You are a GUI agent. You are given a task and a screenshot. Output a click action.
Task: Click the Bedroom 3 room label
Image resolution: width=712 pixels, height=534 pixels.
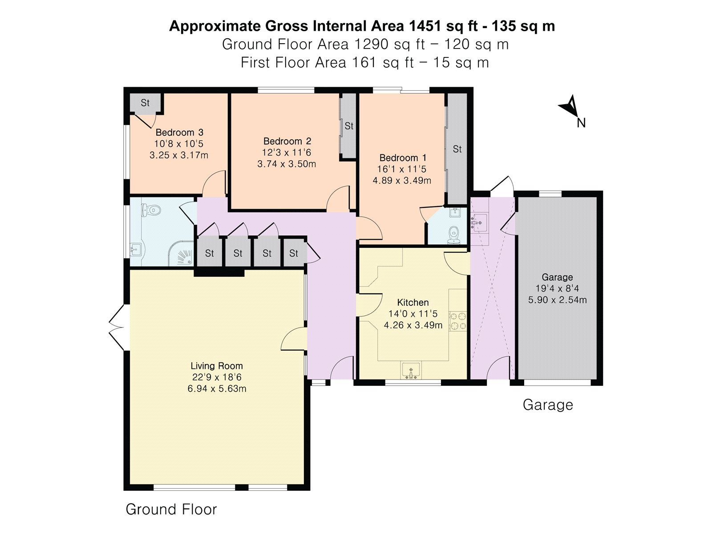coord(179,132)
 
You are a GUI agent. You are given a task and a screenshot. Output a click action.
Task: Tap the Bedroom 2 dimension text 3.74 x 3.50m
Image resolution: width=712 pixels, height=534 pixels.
coord(287,164)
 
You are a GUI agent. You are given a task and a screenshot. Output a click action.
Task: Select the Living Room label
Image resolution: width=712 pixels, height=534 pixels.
coord(217,366)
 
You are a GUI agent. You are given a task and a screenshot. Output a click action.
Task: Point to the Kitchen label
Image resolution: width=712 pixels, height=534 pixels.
coord(413,303)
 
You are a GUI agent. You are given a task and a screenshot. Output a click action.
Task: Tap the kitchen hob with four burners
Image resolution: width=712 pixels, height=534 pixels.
coord(458,321)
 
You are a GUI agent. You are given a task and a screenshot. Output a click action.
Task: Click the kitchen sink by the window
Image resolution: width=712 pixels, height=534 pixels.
coord(411,370)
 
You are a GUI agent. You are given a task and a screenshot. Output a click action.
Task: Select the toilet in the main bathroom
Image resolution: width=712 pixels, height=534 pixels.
coord(151,210)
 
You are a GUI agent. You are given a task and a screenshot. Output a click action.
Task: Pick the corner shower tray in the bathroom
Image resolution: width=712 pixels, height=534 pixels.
coord(181,253)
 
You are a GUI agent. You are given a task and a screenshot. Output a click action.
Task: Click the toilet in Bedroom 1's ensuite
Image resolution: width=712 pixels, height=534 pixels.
coord(454,235)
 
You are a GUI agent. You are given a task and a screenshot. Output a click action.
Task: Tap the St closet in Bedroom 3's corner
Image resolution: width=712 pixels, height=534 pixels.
coord(146,103)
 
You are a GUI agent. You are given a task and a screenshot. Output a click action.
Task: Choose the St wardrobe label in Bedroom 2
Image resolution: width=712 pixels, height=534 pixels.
coord(349,126)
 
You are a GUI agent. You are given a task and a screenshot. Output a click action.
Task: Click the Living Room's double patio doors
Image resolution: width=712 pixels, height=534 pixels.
coord(117,328)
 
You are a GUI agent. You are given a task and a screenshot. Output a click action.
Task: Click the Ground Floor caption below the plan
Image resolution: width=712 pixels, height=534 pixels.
coord(171,509)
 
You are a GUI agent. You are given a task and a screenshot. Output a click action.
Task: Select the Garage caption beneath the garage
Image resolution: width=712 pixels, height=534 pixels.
coord(548,405)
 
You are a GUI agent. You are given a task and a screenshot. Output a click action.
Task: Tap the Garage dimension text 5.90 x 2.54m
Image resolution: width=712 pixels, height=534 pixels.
coord(557,300)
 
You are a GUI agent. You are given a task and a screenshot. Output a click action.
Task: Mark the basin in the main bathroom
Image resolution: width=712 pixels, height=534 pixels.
coord(136,250)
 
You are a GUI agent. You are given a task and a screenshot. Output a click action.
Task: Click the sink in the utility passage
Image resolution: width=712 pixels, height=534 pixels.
coord(479,223)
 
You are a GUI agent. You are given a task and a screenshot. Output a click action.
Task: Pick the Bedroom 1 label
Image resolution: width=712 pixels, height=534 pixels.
coord(403,158)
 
